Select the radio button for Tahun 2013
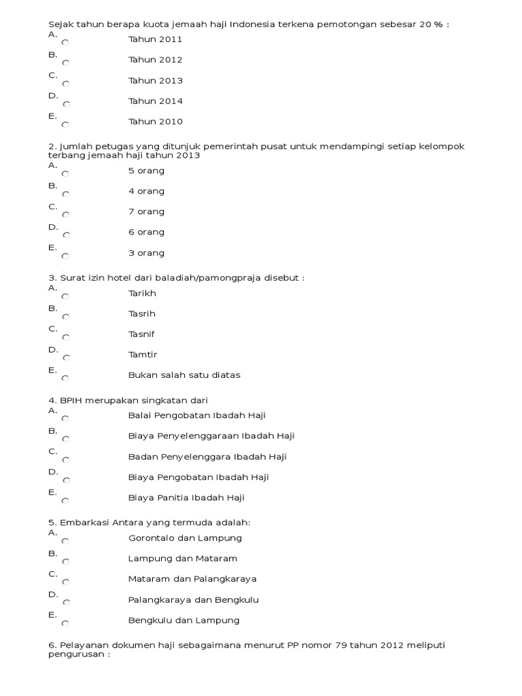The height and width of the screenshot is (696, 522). pyautogui.click(x=65, y=84)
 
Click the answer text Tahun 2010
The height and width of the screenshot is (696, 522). pyautogui.click(x=155, y=122)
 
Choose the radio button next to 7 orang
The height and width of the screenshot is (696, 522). pyautogui.click(x=65, y=215)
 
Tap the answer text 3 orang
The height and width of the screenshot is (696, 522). pyautogui.click(x=146, y=253)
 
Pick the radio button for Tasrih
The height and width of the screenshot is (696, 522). pyautogui.click(x=65, y=317)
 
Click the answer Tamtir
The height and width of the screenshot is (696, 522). pyautogui.click(x=142, y=355)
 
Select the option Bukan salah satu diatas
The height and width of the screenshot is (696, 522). pyautogui.click(x=184, y=375)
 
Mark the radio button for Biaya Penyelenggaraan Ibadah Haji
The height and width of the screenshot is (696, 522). pyautogui.click(x=65, y=439)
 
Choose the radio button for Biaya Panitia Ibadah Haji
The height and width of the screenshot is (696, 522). pyautogui.click(x=65, y=501)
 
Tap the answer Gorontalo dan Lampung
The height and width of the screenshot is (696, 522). pyautogui.click(x=185, y=538)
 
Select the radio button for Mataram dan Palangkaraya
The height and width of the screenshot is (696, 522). pyautogui.click(x=65, y=582)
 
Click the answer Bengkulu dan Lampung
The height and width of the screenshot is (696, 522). pyautogui.click(x=184, y=621)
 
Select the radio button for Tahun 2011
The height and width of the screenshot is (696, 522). pyautogui.click(x=65, y=42)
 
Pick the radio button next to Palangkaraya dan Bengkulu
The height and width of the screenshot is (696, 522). pyautogui.click(x=65, y=603)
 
